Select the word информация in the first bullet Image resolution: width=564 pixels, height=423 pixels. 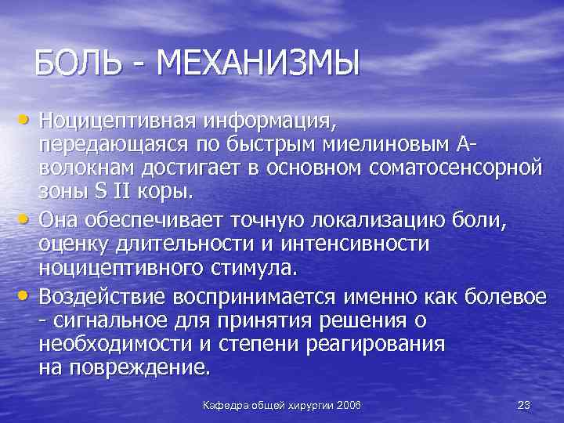269,122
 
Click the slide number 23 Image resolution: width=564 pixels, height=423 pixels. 524,404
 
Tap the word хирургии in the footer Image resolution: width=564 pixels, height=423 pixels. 310,404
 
